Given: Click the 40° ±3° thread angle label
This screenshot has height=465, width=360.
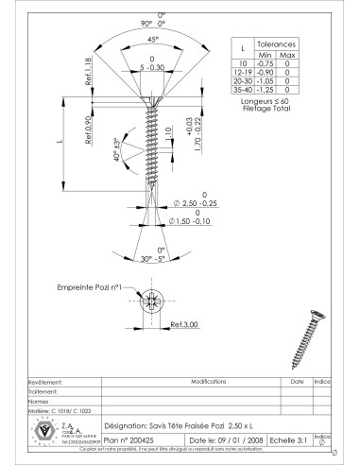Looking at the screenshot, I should tap(117, 151).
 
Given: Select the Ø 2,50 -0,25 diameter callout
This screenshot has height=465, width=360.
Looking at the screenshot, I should tap(196, 202).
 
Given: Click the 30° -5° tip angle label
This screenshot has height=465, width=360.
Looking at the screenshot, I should tap(152, 257).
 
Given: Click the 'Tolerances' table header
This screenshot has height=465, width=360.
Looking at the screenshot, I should tap(278, 43).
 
